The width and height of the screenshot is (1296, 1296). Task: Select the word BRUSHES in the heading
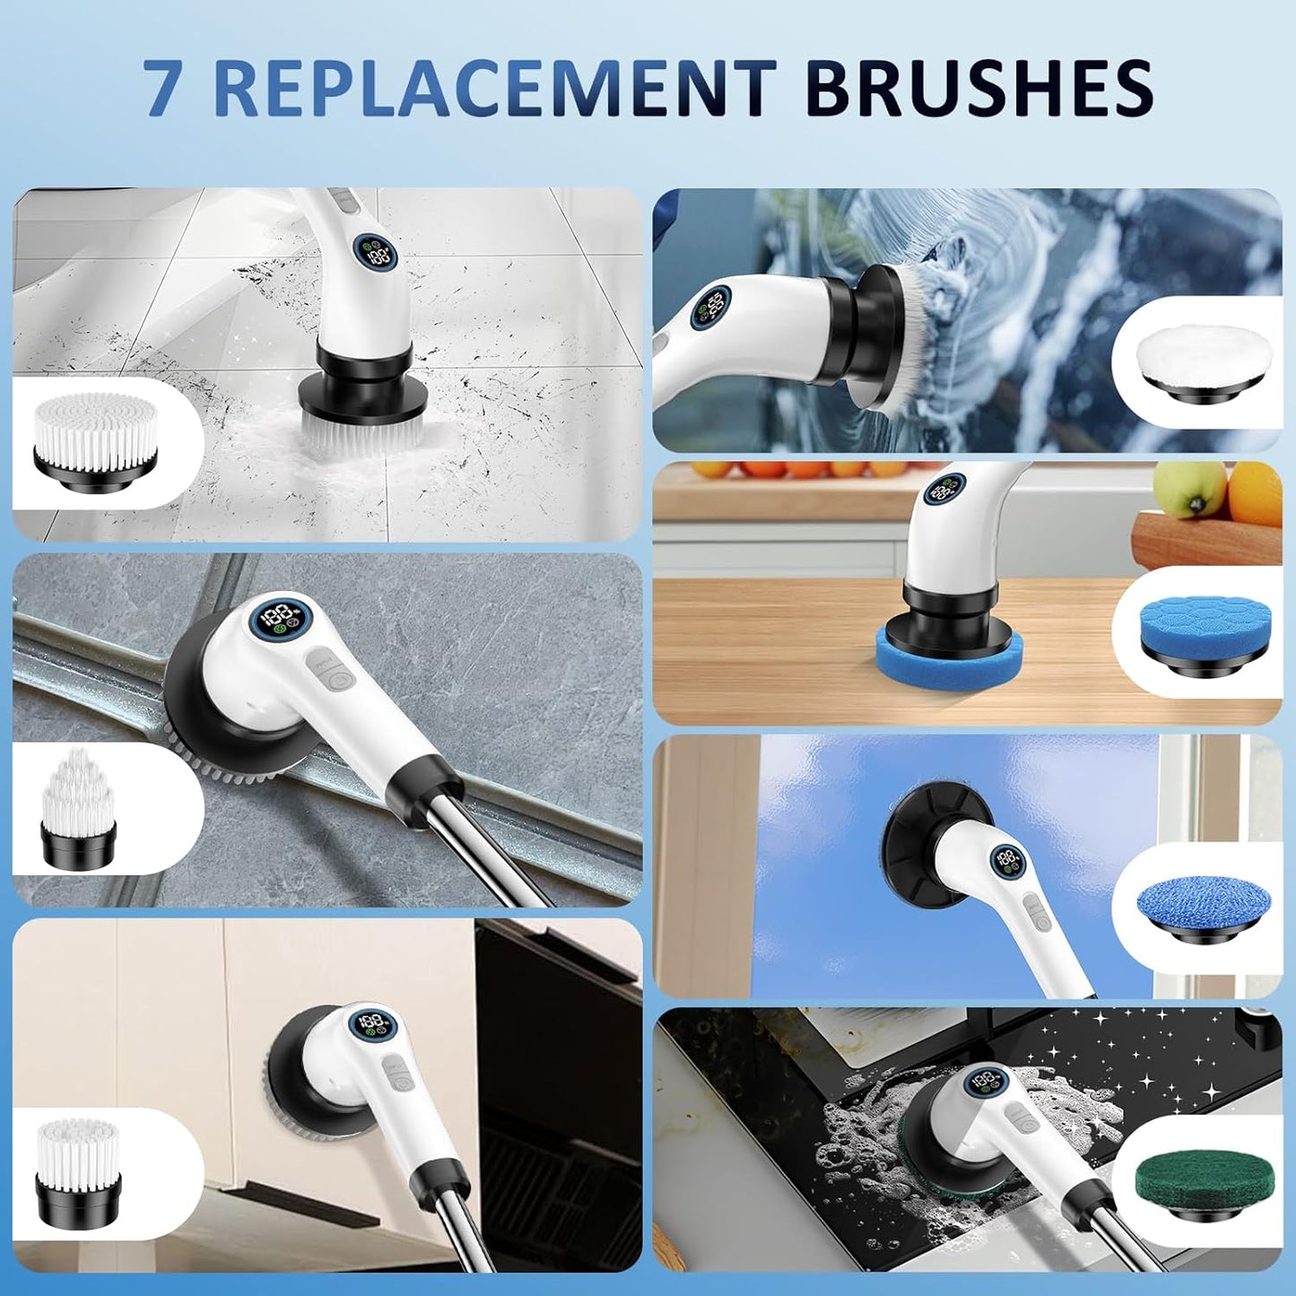click(979, 87)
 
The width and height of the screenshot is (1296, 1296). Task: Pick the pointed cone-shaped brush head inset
click(80, 812)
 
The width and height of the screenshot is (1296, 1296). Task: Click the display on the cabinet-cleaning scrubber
click(375, 1026)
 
